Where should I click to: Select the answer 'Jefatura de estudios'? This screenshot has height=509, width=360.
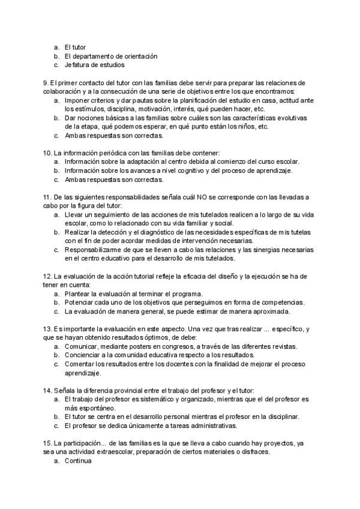[x=95, y=65]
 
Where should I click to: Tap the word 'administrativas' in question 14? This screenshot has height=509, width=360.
[x=210, y=426]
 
